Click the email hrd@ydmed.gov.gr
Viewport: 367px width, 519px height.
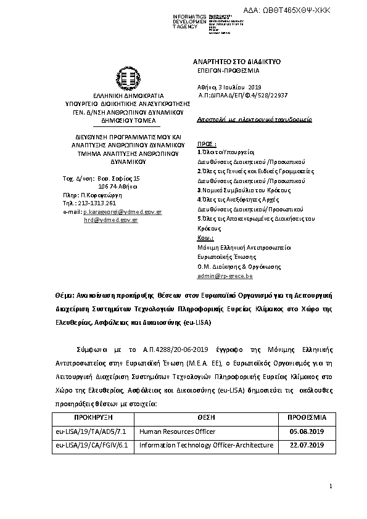click(x=111, y=219)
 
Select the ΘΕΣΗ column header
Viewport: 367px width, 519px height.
click(x=205, y=417)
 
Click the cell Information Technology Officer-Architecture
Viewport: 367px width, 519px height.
click(x=206, y=444)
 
